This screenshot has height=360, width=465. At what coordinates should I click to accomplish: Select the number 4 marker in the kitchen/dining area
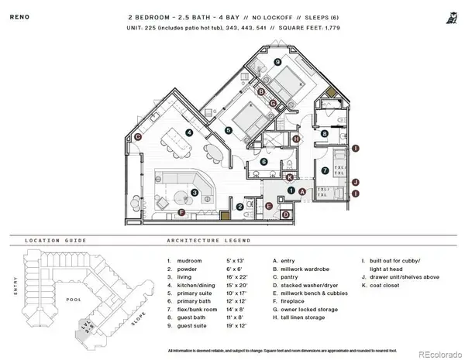[189, 132]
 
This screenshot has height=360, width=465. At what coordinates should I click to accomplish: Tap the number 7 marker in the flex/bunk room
[325, 170]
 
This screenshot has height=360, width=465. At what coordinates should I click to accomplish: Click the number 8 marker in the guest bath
[325, 134]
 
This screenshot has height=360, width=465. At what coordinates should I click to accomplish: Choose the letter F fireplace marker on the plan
[182, 211]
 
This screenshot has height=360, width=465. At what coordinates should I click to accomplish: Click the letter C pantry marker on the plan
[137, 137]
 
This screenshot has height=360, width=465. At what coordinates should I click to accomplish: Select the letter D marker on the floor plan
[285, 214]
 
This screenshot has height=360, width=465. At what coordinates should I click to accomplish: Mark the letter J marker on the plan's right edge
[356, 183]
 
